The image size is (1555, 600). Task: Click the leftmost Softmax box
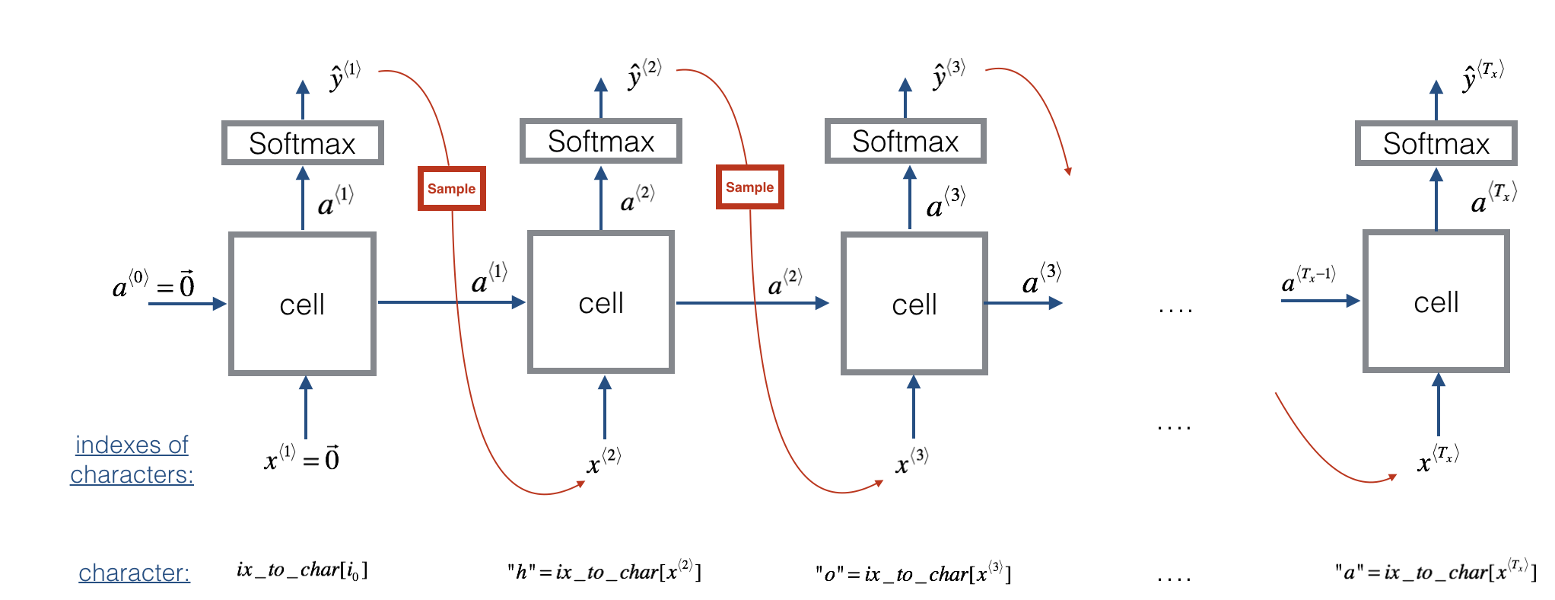[302, 143]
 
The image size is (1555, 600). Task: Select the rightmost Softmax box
[1436, 143]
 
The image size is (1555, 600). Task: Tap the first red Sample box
[451, 188]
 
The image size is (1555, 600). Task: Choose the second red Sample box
[749, 187]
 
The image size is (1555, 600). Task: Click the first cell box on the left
[302, 304]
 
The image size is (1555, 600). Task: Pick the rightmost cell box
[1436, 302]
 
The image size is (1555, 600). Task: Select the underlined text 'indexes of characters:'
[132, 459]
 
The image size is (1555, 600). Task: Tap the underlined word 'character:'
[134, 573]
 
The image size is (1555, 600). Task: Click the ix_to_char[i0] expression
[302, 570]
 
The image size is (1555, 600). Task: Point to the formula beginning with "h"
[604, 571]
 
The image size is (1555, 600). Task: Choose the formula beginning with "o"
[913, 573]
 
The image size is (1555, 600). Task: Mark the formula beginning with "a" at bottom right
[1435, 571]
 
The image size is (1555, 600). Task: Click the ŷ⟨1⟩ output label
[345, 76]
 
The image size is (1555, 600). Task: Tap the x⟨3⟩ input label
[911, 461]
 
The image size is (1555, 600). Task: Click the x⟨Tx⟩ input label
[1437, 459]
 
